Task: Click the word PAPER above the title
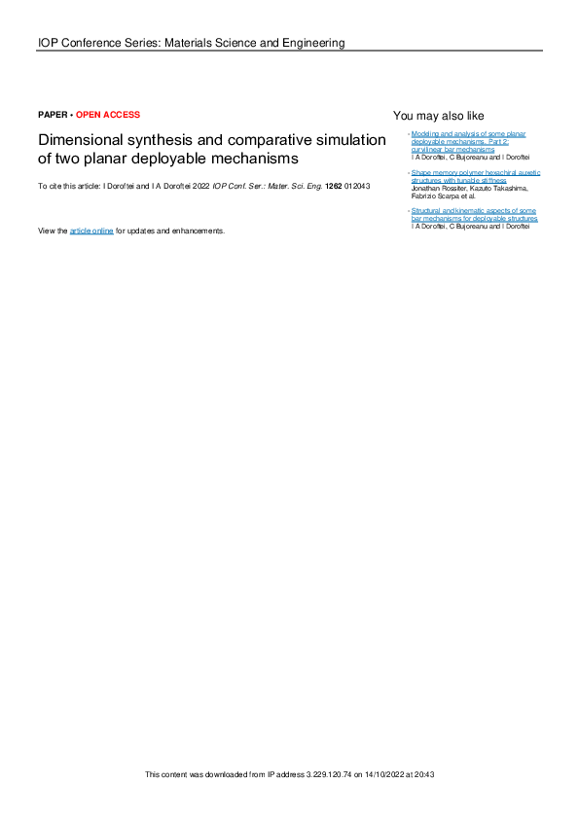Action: [x=53, y=115]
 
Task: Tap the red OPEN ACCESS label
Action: [x=107, y=115]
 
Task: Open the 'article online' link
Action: [x=91, y=231]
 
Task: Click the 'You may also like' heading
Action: [x=438, y=116]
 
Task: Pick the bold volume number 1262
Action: [x=333, y=185]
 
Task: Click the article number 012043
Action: [x=357, y=185]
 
